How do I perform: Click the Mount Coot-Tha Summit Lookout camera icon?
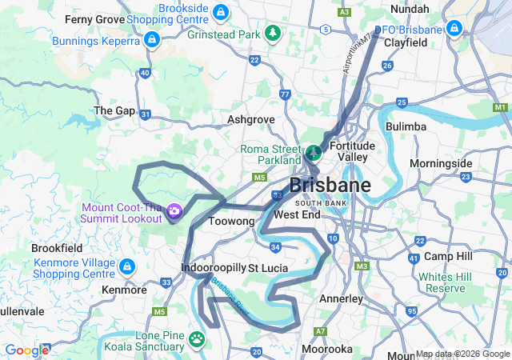[x=174, y=211]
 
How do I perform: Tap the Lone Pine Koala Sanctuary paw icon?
[x=197, y=340]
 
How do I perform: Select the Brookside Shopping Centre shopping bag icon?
[x=222, y=12]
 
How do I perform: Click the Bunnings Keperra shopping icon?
[x=151, y=38]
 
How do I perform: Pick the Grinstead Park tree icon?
[x=274, y=34]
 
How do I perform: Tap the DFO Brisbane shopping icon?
[x=454, y=28]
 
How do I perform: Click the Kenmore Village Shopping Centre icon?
[x=126, y=266]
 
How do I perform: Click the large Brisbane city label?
[x=330, y=186]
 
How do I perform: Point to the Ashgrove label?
[x=250, y=119]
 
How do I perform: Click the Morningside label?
[x=441, y=163]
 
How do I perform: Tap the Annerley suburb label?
[x=342, y=298]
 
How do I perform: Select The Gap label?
[x=114, y=110]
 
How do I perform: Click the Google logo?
[x=26, y=350]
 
